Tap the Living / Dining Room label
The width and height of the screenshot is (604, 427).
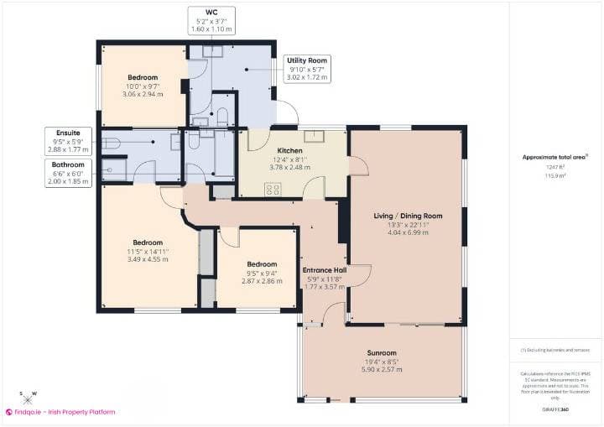pyautogui.click(x=408, y=216)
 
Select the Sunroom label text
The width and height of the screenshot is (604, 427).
pyautogui.click(x=381, y=353)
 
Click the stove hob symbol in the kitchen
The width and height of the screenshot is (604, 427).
pyautogui.click(x=273, y=189)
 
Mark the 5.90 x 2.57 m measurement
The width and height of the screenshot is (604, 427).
pyautogui.click(x=381, y=370)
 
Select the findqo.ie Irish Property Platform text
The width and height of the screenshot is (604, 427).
pyautogui.click(x=60, y=412)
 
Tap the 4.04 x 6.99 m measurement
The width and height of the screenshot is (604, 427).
pyautogui.click(x=408, y=232)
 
